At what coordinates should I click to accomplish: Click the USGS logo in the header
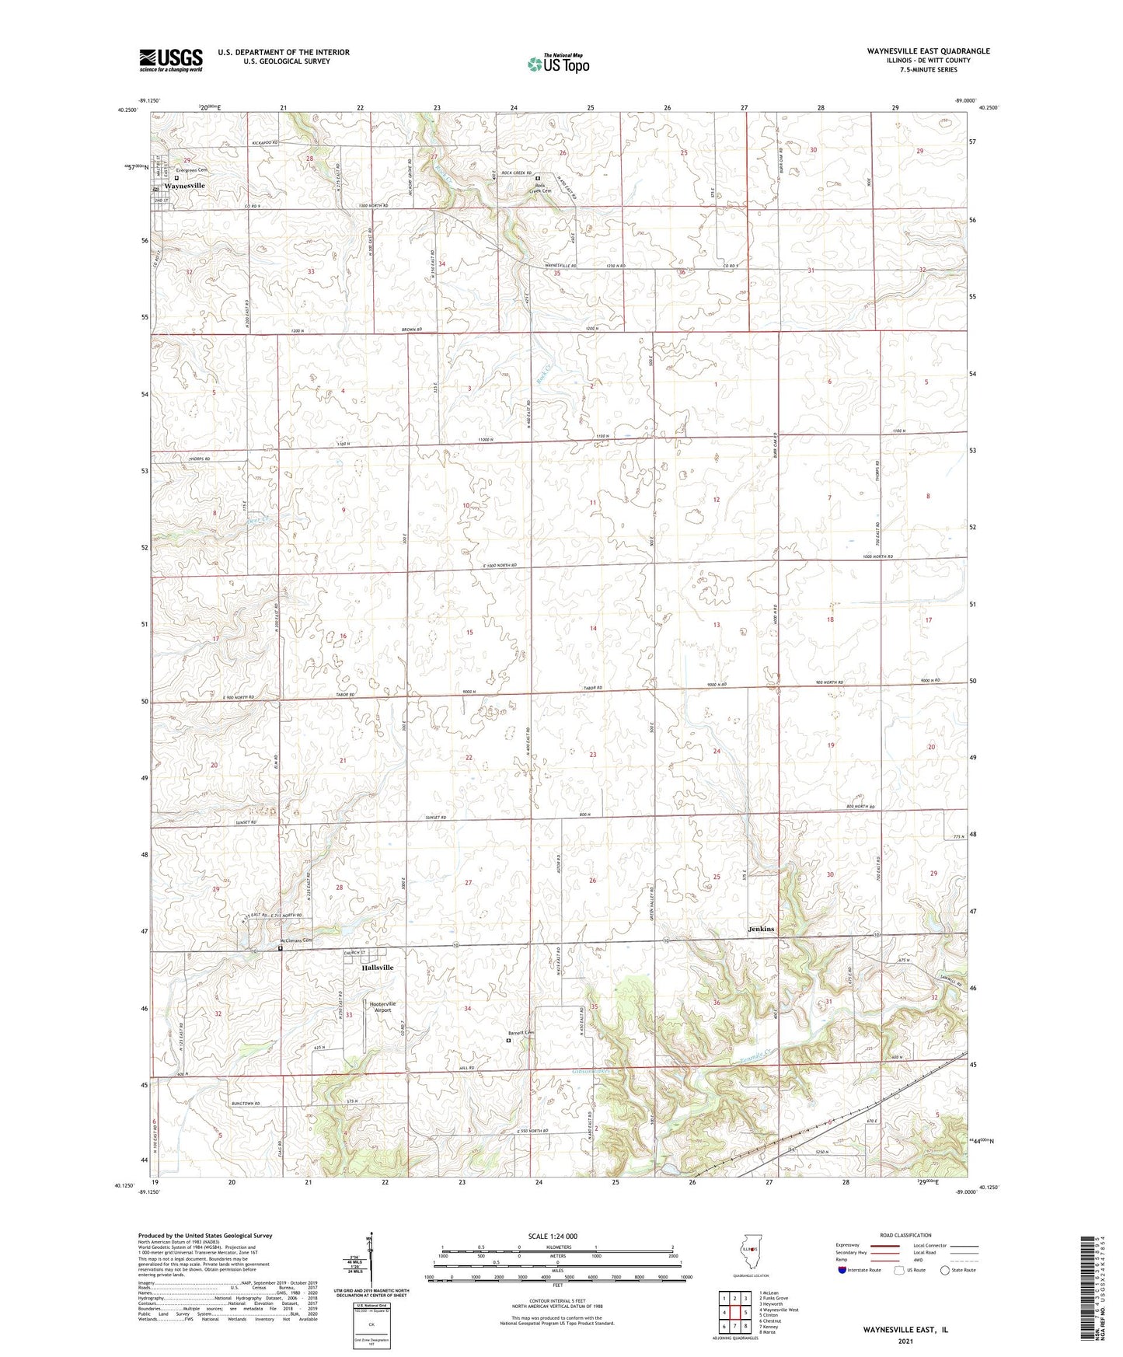click(x=170, y=59)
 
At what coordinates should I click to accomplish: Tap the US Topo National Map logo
click(x=557, y=64)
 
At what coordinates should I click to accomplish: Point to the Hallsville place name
click(x=378, y=968)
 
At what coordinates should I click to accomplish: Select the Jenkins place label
click(x=761, y=929)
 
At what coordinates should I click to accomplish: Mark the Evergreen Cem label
click(x=192, y=169)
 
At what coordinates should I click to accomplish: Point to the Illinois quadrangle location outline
click(x=750, y=1251)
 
